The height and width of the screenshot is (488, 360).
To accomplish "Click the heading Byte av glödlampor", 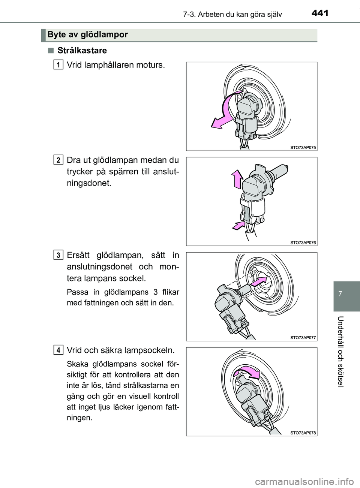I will click(88, 35).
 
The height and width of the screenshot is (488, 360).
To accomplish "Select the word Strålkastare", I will click(82, 50).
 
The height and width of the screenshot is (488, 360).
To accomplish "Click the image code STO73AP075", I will click(303, 148).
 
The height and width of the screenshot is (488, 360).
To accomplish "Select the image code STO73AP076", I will click(303, 243).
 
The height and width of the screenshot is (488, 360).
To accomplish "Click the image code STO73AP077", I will click(303, 338).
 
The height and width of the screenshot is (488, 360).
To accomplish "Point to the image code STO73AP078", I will click(303, 433).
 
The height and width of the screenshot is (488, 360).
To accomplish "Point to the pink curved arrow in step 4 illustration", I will click(246, 373).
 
